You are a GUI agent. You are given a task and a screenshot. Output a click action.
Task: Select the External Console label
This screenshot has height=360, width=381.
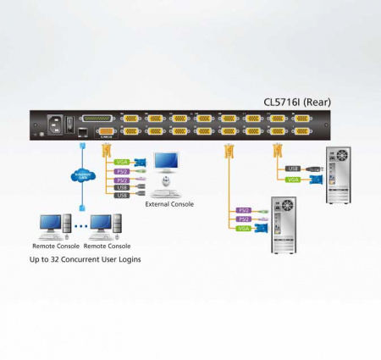(169, 203)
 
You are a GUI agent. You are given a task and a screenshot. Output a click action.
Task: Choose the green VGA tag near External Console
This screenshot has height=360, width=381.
(122, 161)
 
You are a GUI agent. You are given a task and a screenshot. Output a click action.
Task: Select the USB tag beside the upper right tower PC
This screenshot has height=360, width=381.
(292, 168)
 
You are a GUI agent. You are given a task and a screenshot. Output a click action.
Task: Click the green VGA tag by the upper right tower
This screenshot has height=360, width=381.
(293, 179)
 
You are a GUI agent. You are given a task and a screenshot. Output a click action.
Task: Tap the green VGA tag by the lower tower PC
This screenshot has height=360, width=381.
(243, 229)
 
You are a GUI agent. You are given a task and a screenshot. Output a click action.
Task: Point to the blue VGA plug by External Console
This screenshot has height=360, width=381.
(141, 162)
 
